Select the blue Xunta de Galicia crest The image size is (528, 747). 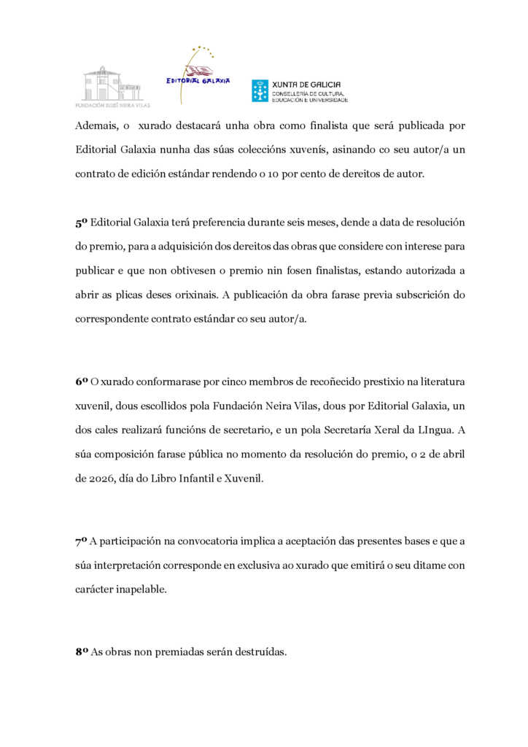point(260,90)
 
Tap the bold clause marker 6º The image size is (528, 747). point(82,382)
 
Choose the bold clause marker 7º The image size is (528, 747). point(82,542)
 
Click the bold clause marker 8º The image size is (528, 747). point(82,653)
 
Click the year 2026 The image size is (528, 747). point(94,478)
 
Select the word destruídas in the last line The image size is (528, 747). point(259,653)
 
